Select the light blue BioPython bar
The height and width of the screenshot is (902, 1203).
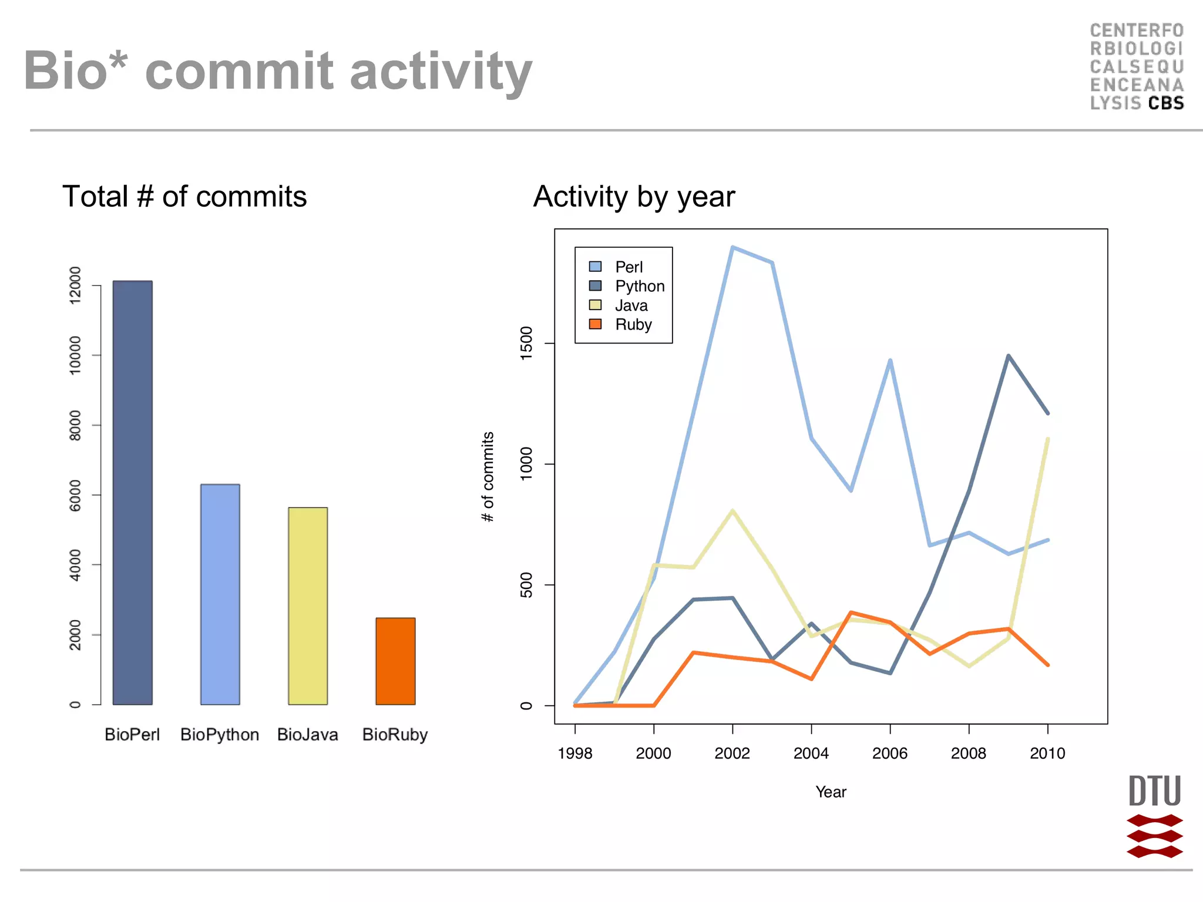pos(220,594)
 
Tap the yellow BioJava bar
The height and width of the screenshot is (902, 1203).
pos(307,605)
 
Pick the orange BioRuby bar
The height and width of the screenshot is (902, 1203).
pos(395,661)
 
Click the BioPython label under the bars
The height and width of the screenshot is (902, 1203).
pos(220,735)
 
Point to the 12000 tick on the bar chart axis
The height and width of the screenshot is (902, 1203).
pos(75,285)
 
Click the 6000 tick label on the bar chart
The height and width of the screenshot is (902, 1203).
pos(75,495)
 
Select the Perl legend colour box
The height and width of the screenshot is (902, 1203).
pos(595,267)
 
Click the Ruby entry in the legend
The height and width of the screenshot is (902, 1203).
pos(633,324)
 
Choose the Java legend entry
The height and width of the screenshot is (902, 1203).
pos(631,305)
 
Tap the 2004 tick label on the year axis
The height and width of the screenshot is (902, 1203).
pos(811,753)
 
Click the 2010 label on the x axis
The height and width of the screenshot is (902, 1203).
pos(1047,753)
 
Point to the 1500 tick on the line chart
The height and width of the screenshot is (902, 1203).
pos(526,343)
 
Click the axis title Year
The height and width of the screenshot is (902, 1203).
pos(831,792)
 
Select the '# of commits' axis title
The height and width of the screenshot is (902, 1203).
pos(488,477)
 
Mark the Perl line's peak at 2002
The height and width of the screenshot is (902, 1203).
pos(732,248)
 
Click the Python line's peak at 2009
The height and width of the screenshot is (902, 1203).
pos(1008,356)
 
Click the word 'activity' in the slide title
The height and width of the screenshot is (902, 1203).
pos(441,72)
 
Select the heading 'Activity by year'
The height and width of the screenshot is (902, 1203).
pos(633,197)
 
